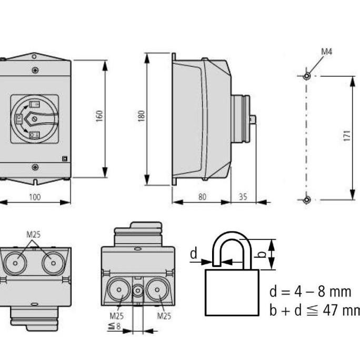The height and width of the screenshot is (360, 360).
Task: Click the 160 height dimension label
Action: [x=99, y=117]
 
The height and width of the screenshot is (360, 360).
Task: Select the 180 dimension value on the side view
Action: [x=141, y=117]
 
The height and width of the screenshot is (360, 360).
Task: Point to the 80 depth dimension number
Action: [x=202, y=197]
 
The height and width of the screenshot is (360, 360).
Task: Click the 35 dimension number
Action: [x=243, y=197]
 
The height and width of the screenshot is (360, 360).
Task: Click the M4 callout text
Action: [x=327, y=52]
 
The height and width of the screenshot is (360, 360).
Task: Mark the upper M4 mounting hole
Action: [x=307, y=76]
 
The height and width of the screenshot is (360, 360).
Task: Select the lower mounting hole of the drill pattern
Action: [x=307, y=199]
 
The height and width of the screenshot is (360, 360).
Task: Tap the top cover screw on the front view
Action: [x=35, y=70]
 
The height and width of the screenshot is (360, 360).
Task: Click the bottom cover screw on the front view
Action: [x=35, y=168]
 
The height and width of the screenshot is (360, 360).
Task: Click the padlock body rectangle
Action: [x=232, y=292]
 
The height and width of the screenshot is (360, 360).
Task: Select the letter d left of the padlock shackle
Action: [x=193, y=254]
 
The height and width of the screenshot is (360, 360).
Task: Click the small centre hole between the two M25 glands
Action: [x=138, y=290]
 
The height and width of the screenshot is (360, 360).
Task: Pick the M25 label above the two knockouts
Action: [x=34, y=235]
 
